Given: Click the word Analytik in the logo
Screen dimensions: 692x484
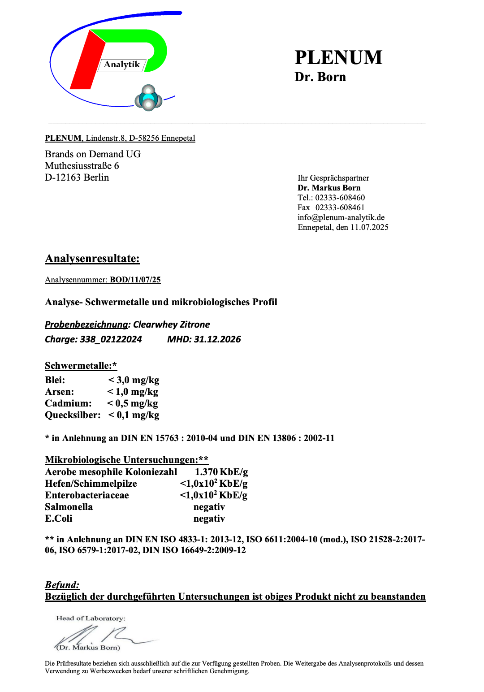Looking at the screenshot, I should (122, 65).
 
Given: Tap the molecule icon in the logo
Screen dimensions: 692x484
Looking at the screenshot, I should (148, 98).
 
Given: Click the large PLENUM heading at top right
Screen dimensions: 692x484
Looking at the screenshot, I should (338, 57).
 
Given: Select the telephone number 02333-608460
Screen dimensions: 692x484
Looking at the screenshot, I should (340, 198).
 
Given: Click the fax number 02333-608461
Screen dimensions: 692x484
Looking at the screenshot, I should (340, 208).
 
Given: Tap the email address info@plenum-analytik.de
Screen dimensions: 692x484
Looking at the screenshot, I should (341, 217).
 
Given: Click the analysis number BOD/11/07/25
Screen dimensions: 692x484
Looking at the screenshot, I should (135, 280).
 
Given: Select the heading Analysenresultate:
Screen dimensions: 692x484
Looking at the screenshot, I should (92, 259).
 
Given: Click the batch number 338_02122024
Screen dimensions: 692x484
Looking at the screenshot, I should (111, 339).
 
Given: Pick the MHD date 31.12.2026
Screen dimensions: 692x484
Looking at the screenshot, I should (217, 339).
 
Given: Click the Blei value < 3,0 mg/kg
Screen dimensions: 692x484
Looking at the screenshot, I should (134, 380).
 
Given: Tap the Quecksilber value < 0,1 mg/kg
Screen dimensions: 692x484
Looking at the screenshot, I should (134, 415).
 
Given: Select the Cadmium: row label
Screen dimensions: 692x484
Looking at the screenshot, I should (68, 403).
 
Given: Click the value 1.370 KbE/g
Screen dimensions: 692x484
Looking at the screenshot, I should (221, 472).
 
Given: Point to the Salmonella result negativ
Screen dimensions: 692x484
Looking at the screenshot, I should (209, 507).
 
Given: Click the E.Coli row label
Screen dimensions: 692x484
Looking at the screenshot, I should (58, 519).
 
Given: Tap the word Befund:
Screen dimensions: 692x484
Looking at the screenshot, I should (62, 585).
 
